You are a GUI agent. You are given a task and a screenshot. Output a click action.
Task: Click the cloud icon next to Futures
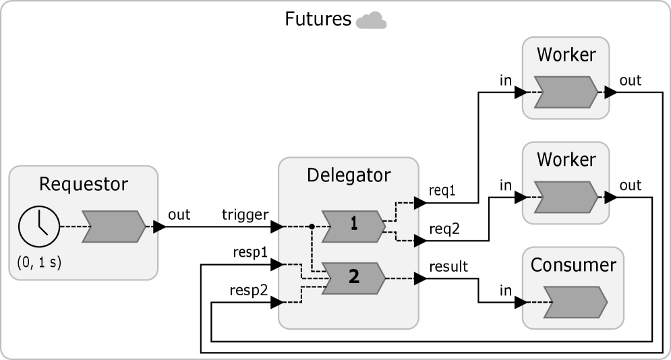click(371, 21)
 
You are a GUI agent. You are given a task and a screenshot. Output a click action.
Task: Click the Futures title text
click(318, 20)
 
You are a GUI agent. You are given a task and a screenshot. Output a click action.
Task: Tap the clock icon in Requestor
click(38, 227)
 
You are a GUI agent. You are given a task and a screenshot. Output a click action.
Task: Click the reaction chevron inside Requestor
click(113, 227)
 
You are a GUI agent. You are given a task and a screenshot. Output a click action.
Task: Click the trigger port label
click(245, 215)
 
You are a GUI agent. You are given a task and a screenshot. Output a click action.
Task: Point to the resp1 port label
click(252, 252)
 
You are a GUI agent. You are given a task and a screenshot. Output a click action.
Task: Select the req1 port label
click(442, 191)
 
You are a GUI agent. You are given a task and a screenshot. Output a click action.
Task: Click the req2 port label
click(445, 229)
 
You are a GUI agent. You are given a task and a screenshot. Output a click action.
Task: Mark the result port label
click(448, 266)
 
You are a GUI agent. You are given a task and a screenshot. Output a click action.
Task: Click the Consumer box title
click(573, 265)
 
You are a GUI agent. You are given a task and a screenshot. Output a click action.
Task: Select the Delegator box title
click(348, 176)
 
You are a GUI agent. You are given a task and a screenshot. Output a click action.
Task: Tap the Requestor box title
click(84, 183)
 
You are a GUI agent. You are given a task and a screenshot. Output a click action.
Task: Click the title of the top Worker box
click(566, 55)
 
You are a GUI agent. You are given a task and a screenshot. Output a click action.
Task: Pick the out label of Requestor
click(179, 215)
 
